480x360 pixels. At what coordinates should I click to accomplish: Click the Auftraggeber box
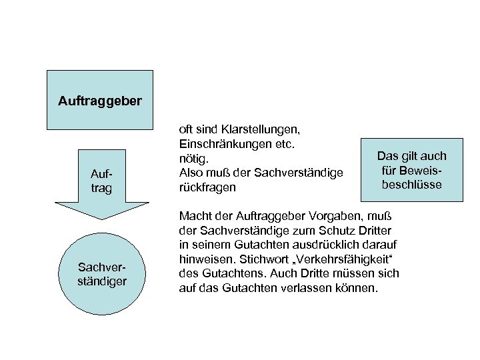[99, 100]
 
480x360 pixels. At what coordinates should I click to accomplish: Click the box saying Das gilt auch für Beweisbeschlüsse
[411, 170]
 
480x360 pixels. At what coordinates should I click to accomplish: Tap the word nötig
[194, 159]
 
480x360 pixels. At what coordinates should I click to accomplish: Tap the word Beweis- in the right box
[411, 170]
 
